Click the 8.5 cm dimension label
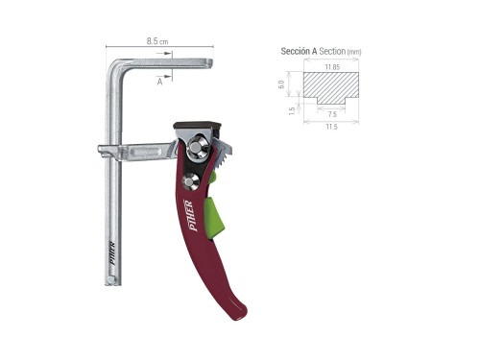pos(157,41)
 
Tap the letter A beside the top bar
pos(159,83)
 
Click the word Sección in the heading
pos(296,51)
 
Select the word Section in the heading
pos(331,51)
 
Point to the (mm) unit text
pos(354,51)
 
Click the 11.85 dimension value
pos(332,67)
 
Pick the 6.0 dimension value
pos(281,84)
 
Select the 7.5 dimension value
pos(332,113)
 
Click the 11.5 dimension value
pos(332,127)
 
